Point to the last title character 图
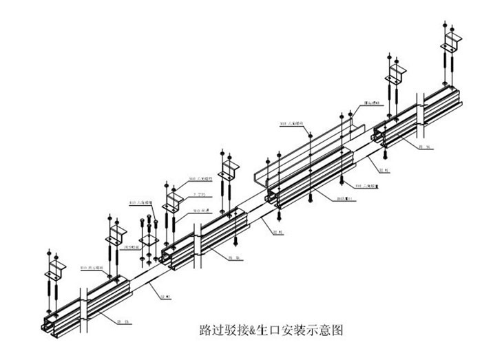click(x=336, y=330)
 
